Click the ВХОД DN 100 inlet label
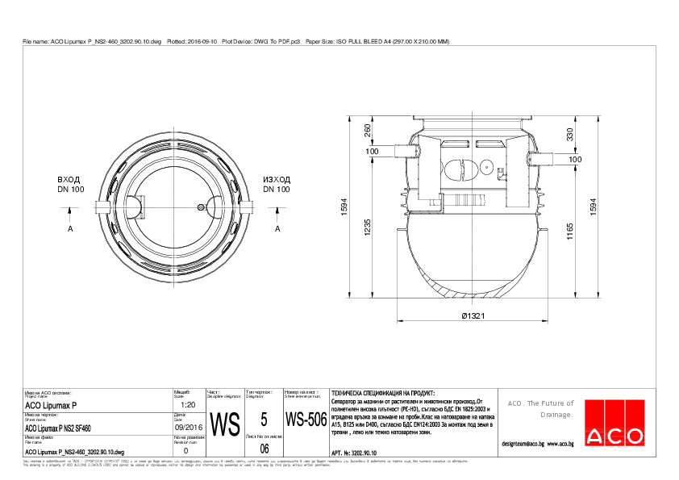71,184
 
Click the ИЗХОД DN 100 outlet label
277,184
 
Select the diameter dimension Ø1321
472,316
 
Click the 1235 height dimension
368,229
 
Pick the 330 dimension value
569,134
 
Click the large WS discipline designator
225,424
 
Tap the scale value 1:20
188,404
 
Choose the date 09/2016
187,427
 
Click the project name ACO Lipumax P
52,405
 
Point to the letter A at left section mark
71,229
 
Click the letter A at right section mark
277,229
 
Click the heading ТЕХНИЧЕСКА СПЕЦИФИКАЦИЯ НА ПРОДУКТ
377,392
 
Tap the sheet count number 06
264,449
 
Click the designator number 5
264,419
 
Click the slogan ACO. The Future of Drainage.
540,408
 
